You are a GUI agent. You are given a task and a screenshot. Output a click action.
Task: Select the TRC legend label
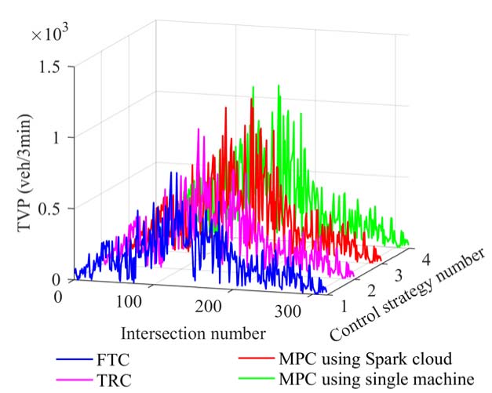tap(118, 380)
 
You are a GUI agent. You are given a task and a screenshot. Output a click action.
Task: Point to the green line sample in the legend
tap(257, 381)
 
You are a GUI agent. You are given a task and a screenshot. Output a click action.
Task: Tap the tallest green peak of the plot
tap(277, 85)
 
